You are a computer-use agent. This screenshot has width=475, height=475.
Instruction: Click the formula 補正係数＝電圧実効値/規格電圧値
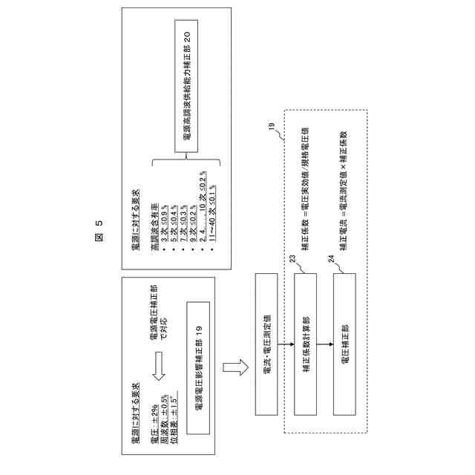[x=306, y=175]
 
